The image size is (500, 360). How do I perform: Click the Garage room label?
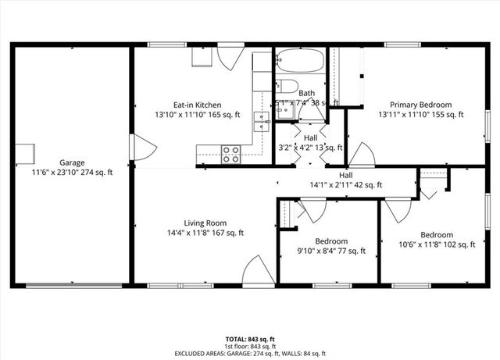(72, 162)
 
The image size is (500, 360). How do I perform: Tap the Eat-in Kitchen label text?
(197, 105)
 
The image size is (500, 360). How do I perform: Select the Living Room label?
(205, 223)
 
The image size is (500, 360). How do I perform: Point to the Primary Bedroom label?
(421, 105)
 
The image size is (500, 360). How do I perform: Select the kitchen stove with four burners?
(231, 154)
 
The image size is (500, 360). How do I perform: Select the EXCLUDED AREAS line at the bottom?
(250, 353)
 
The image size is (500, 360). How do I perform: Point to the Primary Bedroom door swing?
(361, 154)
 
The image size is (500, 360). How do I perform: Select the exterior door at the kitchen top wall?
(227, 57)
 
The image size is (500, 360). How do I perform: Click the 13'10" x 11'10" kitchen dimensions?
(197, 115)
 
